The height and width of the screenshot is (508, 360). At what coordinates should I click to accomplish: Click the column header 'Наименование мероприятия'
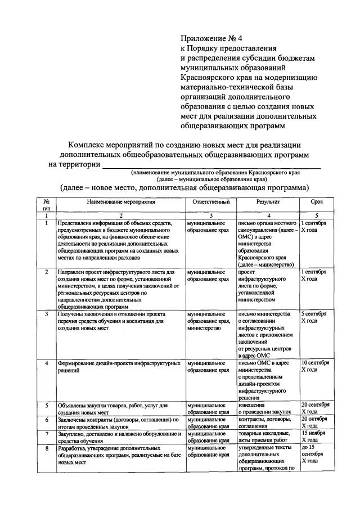pos(120,201)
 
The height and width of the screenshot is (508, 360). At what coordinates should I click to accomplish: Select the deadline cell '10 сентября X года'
pos(316,366)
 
